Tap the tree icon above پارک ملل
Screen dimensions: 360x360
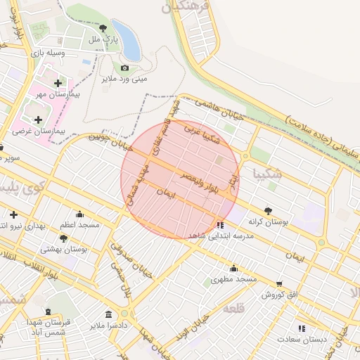tap(103, 28)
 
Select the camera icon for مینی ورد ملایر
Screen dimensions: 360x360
tap(124, 68)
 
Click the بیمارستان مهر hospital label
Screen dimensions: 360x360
tap(59, 94)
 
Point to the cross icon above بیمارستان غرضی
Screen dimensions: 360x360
tap(38, 120)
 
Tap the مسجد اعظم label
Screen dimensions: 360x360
tap(79, 225)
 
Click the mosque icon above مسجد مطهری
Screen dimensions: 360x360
tap(233, 268)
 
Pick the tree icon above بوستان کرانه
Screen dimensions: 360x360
tap(268, 210)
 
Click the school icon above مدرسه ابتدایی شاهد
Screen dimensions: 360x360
tap(221, 225)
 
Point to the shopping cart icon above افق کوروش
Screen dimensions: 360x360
tap(280, 283)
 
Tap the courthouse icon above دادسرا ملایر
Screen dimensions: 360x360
tap(108, 314)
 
